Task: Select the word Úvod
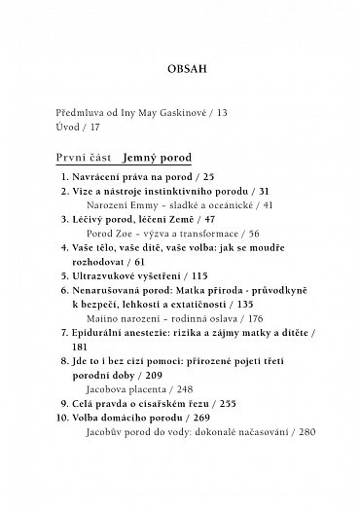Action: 70,128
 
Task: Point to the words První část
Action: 83,158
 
